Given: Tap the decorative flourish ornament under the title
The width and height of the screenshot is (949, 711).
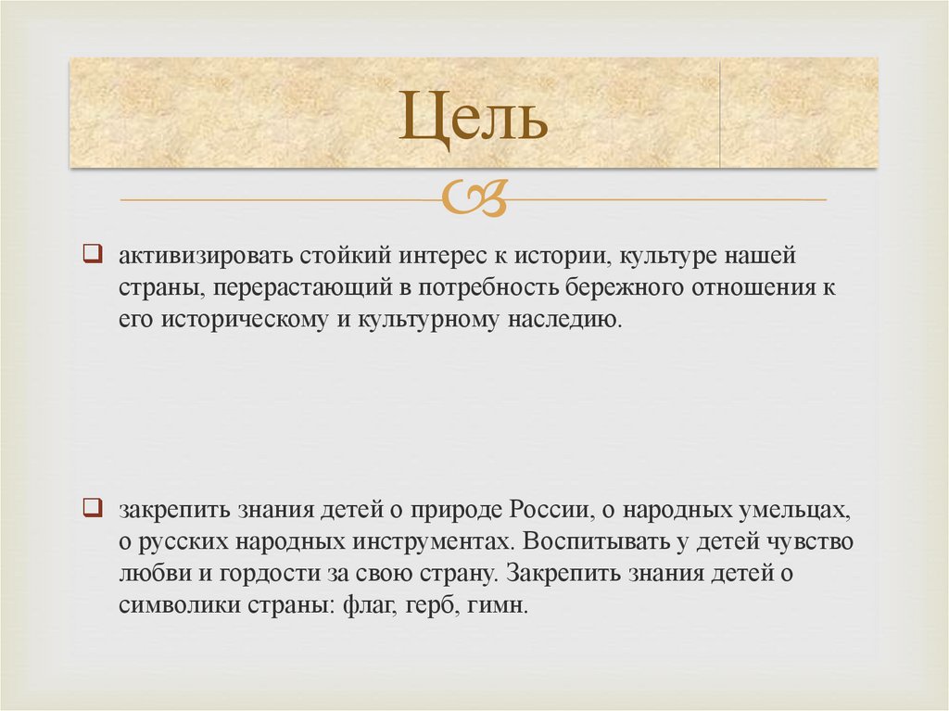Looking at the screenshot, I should coord(474,197).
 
